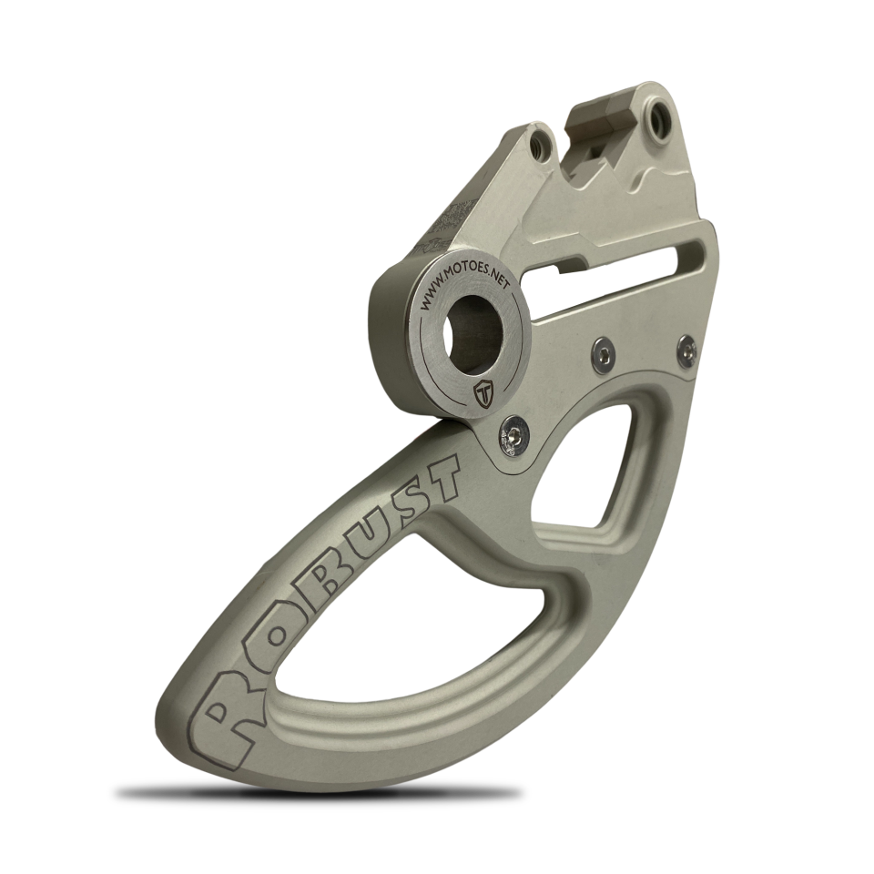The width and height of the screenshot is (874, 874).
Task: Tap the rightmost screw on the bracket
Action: pyautogui.click(x=686, y=346)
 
